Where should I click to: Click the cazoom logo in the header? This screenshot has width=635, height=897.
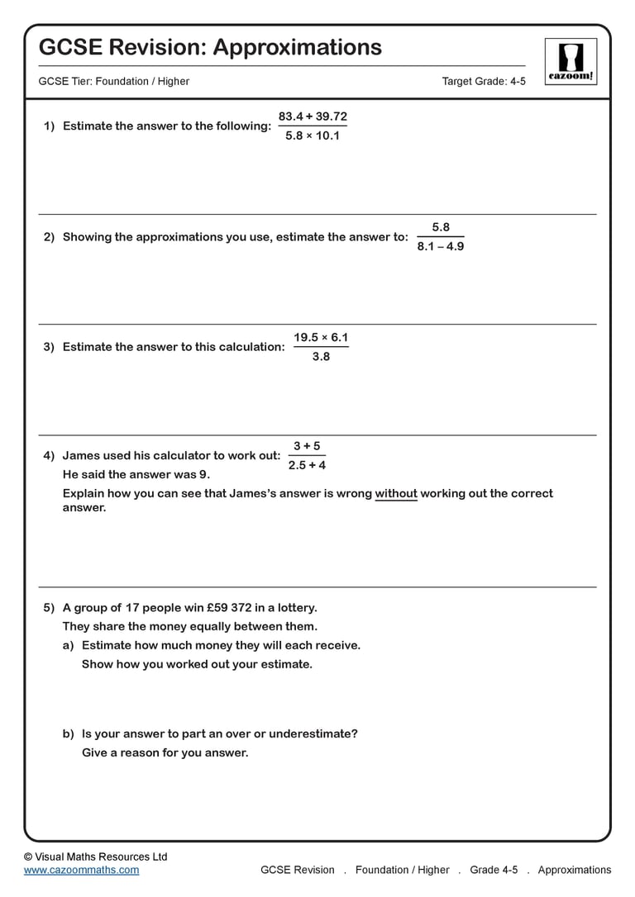(571, 60)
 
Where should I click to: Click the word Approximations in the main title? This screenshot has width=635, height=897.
(297, 47)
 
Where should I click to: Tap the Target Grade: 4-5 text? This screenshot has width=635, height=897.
(484, 81)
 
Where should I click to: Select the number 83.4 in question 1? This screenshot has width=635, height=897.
(293, 116)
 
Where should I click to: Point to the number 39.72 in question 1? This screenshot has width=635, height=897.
(332, 116)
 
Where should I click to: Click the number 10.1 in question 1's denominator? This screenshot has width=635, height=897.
(327, 135)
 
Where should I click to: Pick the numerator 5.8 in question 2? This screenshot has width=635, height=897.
(441, 227)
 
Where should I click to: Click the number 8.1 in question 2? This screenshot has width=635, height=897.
(426, 246)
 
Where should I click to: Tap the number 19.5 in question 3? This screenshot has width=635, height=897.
(306, 337)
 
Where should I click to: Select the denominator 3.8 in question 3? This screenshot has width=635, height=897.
(321, 356)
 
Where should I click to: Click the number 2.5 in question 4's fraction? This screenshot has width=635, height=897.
(297, 465)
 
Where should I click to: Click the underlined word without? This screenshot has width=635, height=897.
(396, 493)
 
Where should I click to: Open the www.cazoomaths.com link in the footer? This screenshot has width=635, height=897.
(82, 870)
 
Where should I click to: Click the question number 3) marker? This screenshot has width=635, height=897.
(49, 347)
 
